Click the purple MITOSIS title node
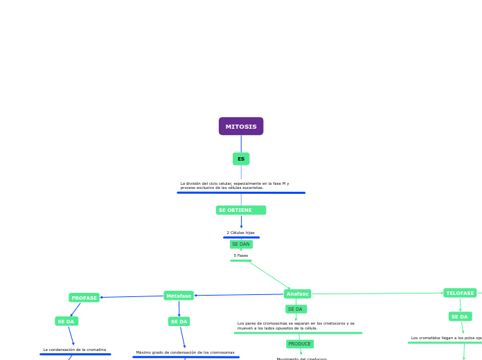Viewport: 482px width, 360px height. [x=241, y=126]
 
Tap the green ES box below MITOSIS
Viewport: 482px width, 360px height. [x=241, y=159]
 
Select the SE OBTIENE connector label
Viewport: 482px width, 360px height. [x=240, y=210]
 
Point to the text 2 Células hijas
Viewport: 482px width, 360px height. [x=240, y=233]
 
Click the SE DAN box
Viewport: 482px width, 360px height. [x=241, y=244]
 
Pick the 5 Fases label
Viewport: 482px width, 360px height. [x=240, y=255]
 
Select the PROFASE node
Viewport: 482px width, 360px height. [x=84, y=298]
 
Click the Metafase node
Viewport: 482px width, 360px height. [x=179, y=296]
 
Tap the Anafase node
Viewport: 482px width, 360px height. [x=297, y=294]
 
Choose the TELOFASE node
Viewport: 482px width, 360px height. [x=460, y=293]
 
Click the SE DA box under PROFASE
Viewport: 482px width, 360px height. [x=66, y=321]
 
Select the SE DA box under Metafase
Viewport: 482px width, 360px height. [x=179, y=321]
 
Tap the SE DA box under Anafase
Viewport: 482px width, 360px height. [x=296, y=309]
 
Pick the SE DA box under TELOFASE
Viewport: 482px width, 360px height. [x=460, y=316]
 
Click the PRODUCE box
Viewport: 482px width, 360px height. [x=300, y=343]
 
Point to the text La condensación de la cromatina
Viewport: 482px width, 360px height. [x=75, y=350]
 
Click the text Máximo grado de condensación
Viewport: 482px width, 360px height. [x=185, y=352]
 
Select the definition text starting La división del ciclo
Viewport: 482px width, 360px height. [x=235, y=186]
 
